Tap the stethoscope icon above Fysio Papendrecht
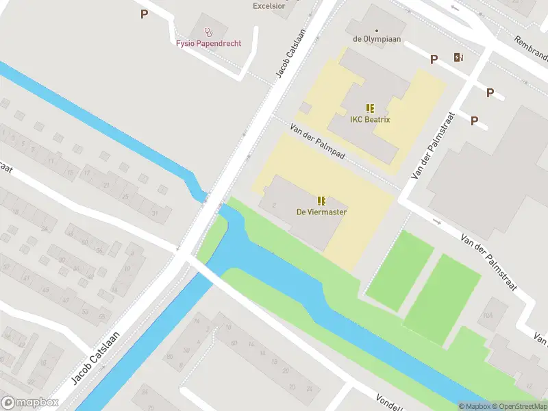(208, 31)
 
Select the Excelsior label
(269, 5)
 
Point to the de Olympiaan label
(376, 39)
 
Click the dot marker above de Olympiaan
(376, 30)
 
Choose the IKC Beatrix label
(369, 120)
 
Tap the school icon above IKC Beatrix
(370, 108)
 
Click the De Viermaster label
(321, 212)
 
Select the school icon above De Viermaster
(321, 201)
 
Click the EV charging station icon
(458, 58)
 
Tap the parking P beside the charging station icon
(434, 60)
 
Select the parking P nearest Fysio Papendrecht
(144, 14)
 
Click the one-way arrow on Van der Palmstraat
(436, 221)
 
